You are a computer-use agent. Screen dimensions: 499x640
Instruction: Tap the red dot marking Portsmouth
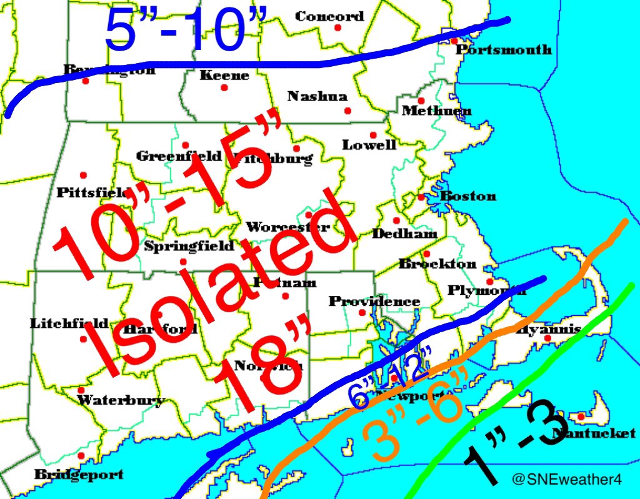[x=454, y=41]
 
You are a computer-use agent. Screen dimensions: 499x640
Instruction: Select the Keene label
[x=224, y=76]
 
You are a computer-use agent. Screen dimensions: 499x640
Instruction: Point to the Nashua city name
[x=317, y=96]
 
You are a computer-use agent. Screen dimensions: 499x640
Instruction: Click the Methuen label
[x=436, y=111]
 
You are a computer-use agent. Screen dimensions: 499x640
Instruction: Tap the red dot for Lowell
[x=373, y=135]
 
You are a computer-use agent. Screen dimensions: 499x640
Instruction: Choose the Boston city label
[x=468, y=196]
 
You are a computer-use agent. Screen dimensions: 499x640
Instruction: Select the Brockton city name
[x=437, y=264]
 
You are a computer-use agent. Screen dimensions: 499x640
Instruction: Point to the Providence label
[x=374, y=302]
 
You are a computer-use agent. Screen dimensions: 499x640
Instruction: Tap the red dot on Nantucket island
[x=581, y=417]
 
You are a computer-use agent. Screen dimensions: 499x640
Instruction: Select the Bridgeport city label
[x=79, y=474]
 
